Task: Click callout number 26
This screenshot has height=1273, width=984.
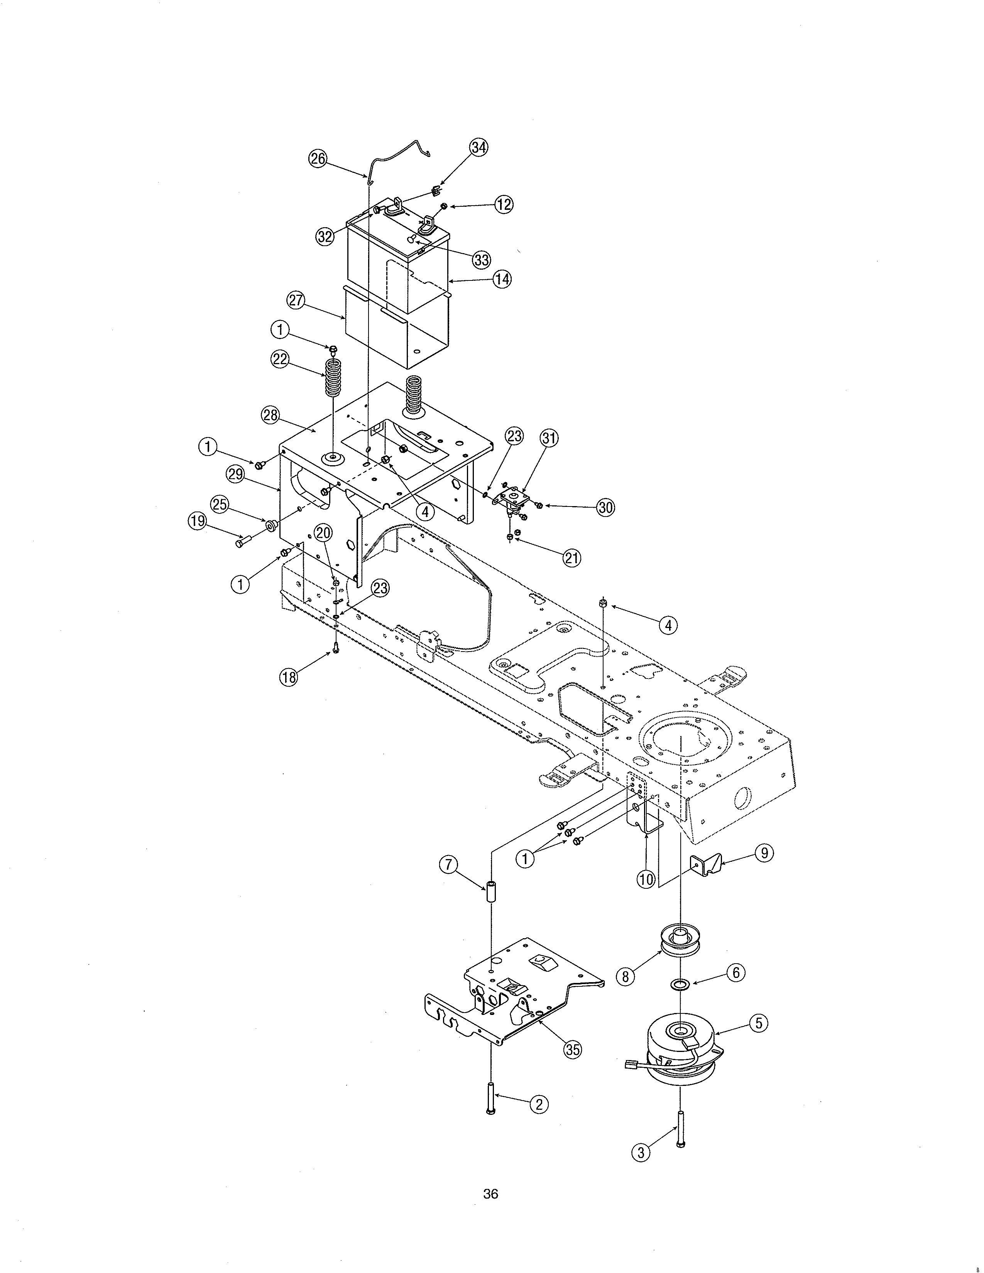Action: click(318, 159)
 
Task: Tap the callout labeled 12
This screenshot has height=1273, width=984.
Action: click(504, 204)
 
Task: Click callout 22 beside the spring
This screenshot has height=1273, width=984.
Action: click(281, 359)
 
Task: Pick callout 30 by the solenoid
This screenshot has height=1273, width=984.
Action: click(606, 507)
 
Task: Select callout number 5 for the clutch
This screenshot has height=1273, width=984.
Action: click(758, 1023)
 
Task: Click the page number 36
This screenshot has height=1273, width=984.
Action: click(491, 1194)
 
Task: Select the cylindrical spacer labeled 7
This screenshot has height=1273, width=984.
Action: click(491, 893)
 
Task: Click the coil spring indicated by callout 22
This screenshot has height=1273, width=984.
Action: click(333, 378)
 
